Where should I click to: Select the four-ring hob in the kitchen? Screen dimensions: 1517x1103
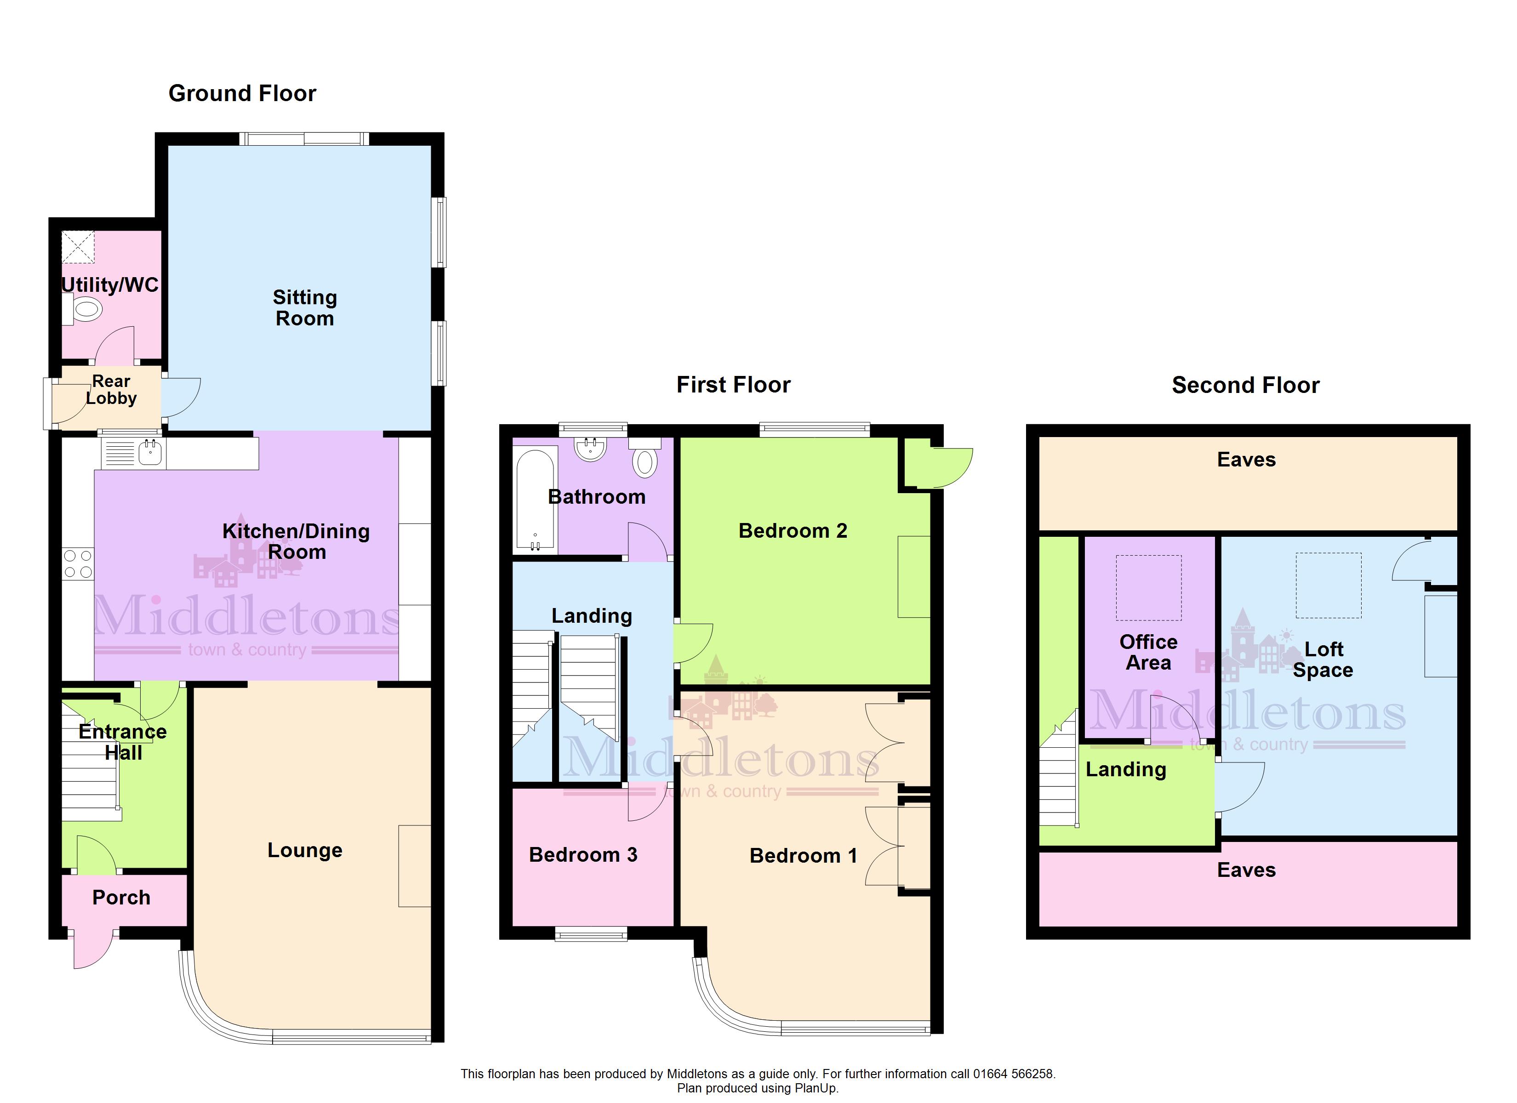click(x=78, y=564)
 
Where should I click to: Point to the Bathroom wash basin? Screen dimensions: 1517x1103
click(x=591, y=449)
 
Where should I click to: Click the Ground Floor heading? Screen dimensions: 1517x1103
click(x=242, y=93)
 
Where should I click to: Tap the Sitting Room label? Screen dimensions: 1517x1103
click(x=305, y=307)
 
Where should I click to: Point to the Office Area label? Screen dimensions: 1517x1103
click(x=1148, y=652)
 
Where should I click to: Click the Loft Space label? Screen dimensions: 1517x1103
click(x=1323, y=660)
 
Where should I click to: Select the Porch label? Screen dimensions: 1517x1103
click(x=121, y=898)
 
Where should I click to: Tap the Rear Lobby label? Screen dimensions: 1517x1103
click(x=111, y=389)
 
